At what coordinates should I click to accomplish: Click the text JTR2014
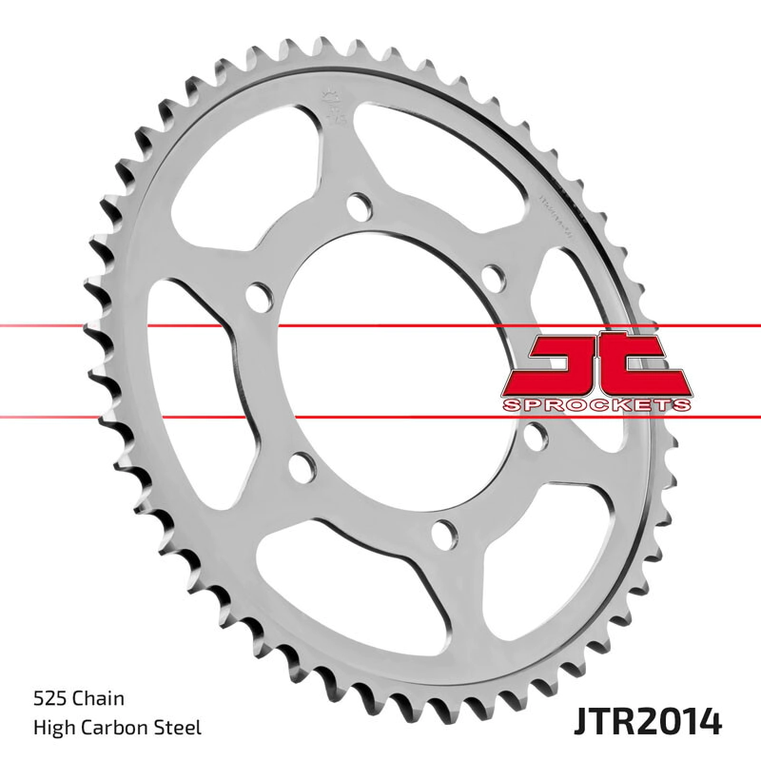[649, 720]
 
